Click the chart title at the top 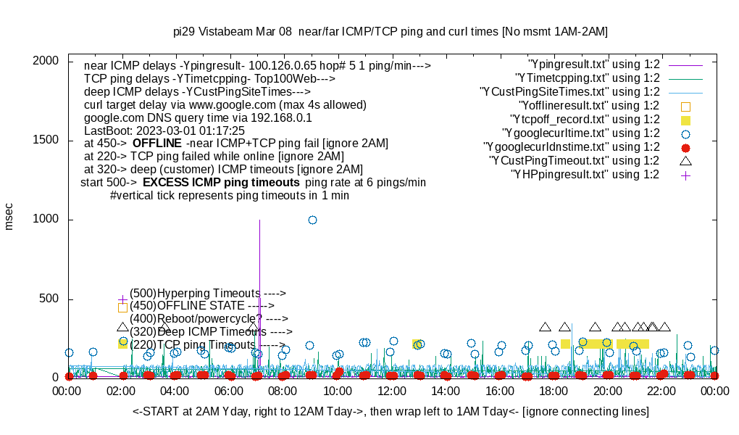(x=391, y=32)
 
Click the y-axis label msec (x=9, y=216)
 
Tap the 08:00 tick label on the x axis (x=283, y=390)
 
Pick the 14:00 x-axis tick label (x=445, y=390)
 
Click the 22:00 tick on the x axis (x=661, y=390)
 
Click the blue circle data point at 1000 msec (x=312, y=220)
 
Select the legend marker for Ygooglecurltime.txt (x=685, y=133)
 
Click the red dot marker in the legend (x=685, y=147)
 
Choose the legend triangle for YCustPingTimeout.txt (x=685, y=160)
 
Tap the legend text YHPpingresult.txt (x=585, y=175)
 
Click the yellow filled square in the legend (x=685, y=120)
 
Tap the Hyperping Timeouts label (x=208, y=293)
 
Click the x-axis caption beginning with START (x=391, y=412)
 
